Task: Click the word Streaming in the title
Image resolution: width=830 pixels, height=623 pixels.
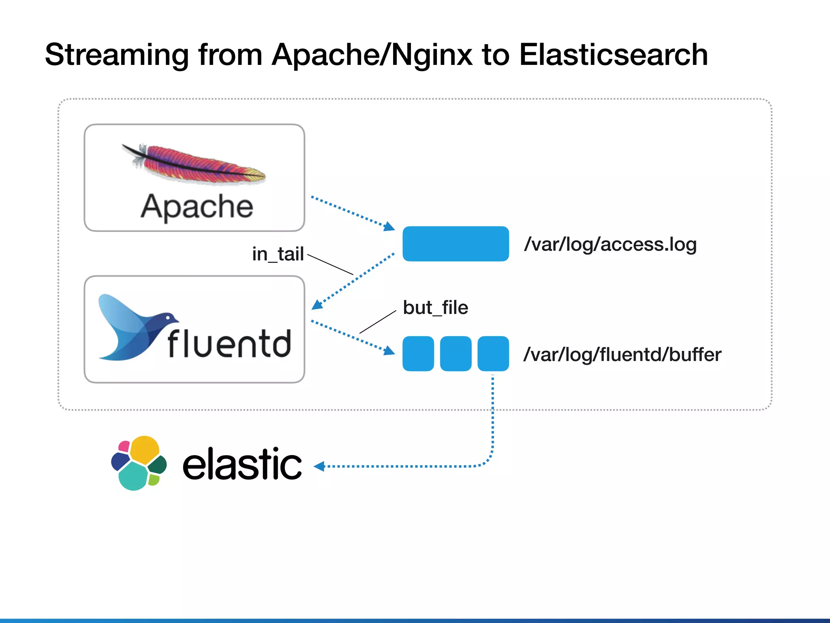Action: [117, 55]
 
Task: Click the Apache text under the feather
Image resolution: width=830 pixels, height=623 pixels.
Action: [197, 207]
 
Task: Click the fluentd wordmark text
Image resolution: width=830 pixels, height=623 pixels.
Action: [229, 344]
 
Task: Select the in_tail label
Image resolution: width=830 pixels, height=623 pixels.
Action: [278, 254]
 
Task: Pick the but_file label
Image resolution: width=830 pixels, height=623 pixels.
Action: [435, 307]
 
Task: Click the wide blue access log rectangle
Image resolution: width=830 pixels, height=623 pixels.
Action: [456, 244]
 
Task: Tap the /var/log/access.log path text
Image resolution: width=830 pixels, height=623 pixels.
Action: [610, 244]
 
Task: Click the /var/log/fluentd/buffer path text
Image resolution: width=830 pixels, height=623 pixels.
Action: [622, 354]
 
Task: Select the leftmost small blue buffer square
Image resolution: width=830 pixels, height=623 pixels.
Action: [418, 354]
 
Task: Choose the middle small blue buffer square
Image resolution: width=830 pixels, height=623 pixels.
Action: [456, 354]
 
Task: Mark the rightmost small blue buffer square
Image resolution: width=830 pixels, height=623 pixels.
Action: [493, 354]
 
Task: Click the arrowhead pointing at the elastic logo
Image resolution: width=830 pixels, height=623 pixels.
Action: [319, 466]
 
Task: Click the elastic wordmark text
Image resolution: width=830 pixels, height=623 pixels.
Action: [242, 464]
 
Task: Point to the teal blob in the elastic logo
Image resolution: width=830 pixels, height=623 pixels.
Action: [133, 477]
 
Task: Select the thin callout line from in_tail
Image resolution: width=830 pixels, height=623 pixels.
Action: [330, 265]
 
